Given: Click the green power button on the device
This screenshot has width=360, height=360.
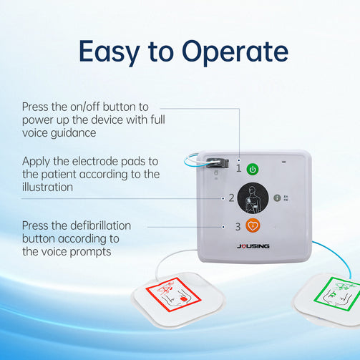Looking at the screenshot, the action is pyautogui.click(x=253, y=170).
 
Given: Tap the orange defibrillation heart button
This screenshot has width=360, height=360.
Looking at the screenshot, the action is pyautogui.click(x=253, y=225).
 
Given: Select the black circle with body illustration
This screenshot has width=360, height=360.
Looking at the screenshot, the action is pyautogui.click(x=253, y=198).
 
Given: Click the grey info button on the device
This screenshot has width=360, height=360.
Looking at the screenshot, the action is pyautogui.click(x=277, y=198).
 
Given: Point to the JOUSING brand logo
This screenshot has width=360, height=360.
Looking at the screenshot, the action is pyautogui.click(x=253, y=246).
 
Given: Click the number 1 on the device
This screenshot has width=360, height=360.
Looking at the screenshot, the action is pyautogui.click(x=238, y=168).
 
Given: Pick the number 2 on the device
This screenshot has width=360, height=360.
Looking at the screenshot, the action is pyautogui.click(x=231, y=198).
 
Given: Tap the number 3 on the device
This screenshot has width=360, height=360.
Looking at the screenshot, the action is pyautogui.click(x=238, y=227).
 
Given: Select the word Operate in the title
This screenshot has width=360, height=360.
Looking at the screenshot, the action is pyautogui.click(x=235, y=52).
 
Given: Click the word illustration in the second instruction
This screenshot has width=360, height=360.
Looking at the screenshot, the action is pyautogui.click(x=47, y=187).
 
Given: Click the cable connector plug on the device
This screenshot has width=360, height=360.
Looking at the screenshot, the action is pyautogui.click(x=217, y=163).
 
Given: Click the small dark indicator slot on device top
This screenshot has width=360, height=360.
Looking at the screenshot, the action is pyautogui.click(x=283, y=162).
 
